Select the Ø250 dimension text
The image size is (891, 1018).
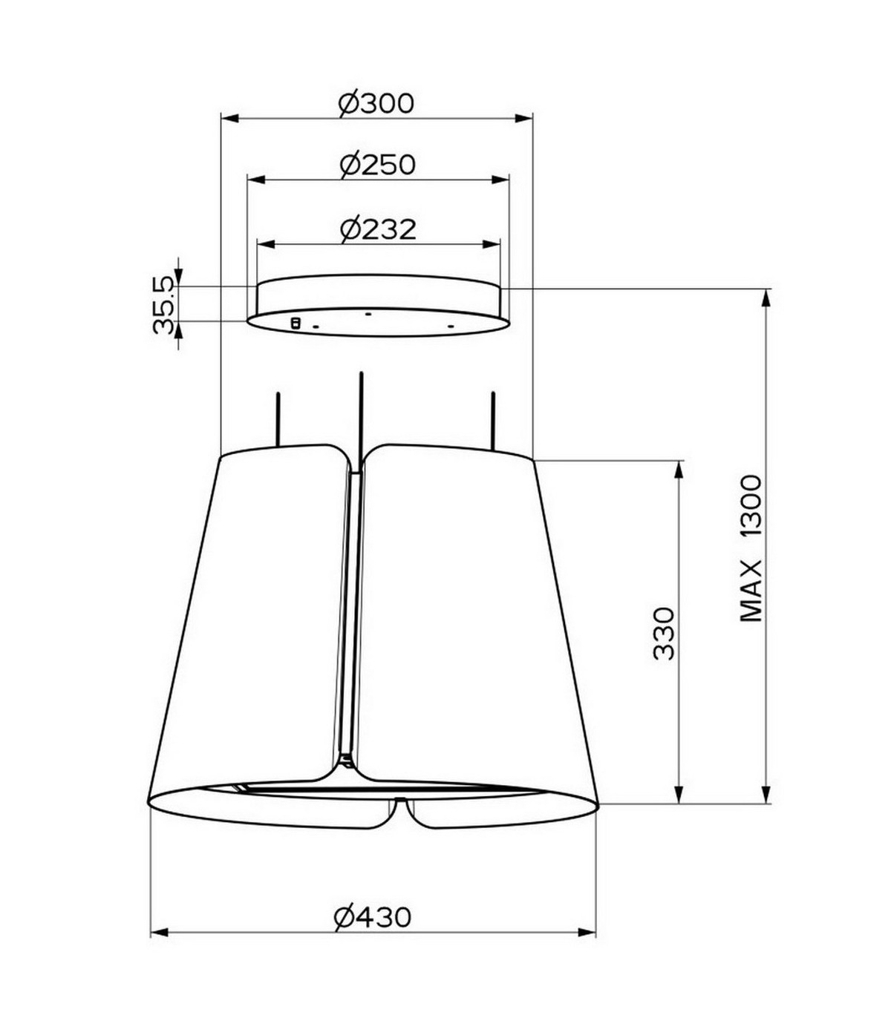click(x=377, y=165)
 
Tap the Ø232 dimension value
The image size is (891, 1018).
click(x=378, y=229)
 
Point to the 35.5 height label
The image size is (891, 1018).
click(x=164, y=305)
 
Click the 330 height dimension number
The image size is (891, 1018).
click(x=663, y=633)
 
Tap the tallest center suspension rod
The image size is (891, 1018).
click(x=361, y=421)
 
